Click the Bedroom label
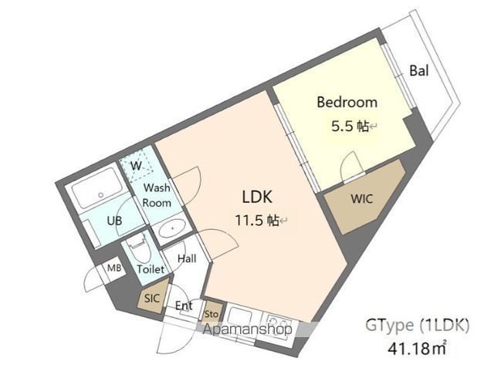347,103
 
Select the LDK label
257,197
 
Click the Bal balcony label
419,70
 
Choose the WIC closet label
362,199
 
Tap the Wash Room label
157,195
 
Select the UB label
114,221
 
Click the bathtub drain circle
101,195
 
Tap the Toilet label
151,269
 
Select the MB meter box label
114,268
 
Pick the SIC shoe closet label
152,298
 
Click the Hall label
187,258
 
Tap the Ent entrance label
184,306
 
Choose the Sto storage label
211,314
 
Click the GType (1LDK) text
417,326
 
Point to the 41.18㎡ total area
418,348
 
